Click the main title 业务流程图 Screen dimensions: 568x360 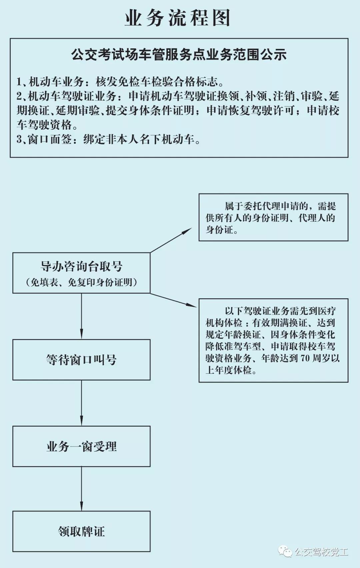click(178, 18)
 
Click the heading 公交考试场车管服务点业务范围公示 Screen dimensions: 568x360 click(179, 55)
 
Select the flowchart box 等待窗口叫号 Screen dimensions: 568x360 click(81, 360)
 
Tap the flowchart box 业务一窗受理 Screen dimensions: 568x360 click(81, 446)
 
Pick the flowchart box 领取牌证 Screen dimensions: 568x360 click(81, 531)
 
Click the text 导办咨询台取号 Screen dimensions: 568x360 click(81, 266)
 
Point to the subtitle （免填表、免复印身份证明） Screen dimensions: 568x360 click(81, 282)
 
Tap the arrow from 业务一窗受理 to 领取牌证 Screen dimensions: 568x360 click(81, 488)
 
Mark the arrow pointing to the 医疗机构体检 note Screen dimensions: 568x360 click(174, 300)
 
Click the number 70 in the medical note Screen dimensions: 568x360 click(305, 358)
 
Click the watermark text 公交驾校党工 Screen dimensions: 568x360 click(321, 552)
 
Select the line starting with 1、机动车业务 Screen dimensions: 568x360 click(120, 82)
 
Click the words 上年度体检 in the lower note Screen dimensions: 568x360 click(228, 370)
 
